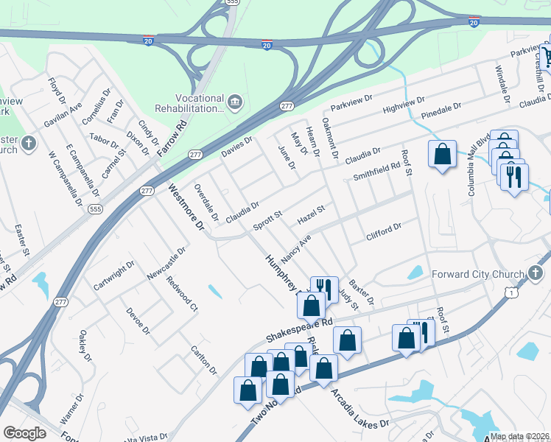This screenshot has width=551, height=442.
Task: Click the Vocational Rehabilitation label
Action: [x=189, y=103]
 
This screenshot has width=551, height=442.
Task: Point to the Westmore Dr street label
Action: [x=185, y=208]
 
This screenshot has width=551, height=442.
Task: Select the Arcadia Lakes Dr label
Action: [x=361, y=410]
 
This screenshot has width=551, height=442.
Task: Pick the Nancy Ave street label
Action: [x=296, y=250]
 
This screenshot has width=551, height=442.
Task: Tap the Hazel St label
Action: [x=310, y=216]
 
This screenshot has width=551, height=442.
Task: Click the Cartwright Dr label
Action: [x=114, y=275]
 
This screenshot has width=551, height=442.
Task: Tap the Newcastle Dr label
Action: [x=166, y=263]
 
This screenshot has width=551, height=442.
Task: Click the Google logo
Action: [x=24, y=433]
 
